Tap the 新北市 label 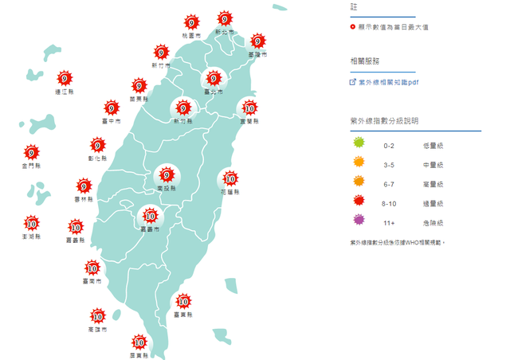[x=226, y=32]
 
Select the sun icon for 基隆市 [x=257, y=41]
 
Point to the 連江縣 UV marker [x=65, y=78]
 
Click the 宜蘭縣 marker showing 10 [x=249, y=109]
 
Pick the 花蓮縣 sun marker [x=230, y=178]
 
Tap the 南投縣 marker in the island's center [x=167, y=174]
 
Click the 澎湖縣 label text [x=33, y=237]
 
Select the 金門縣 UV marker [x=31, y=153]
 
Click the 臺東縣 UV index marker [x=183, y=301]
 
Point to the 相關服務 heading [x=365, y=61]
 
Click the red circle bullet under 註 [x=353, y=27]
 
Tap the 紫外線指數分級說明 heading [x=384, y=120]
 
